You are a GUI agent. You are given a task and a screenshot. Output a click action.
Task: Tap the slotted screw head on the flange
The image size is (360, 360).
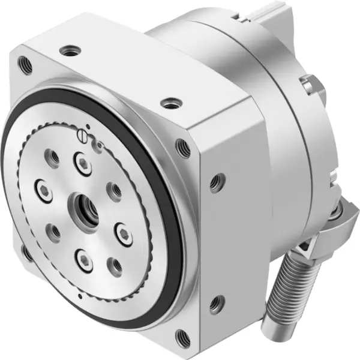coord(84,137)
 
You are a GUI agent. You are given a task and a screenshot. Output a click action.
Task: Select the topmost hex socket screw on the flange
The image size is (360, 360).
coord(82,160)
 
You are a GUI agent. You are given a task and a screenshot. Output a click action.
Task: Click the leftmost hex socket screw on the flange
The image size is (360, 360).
coord(43,186)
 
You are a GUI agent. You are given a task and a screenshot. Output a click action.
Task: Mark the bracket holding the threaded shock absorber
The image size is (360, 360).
coord(336,225)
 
